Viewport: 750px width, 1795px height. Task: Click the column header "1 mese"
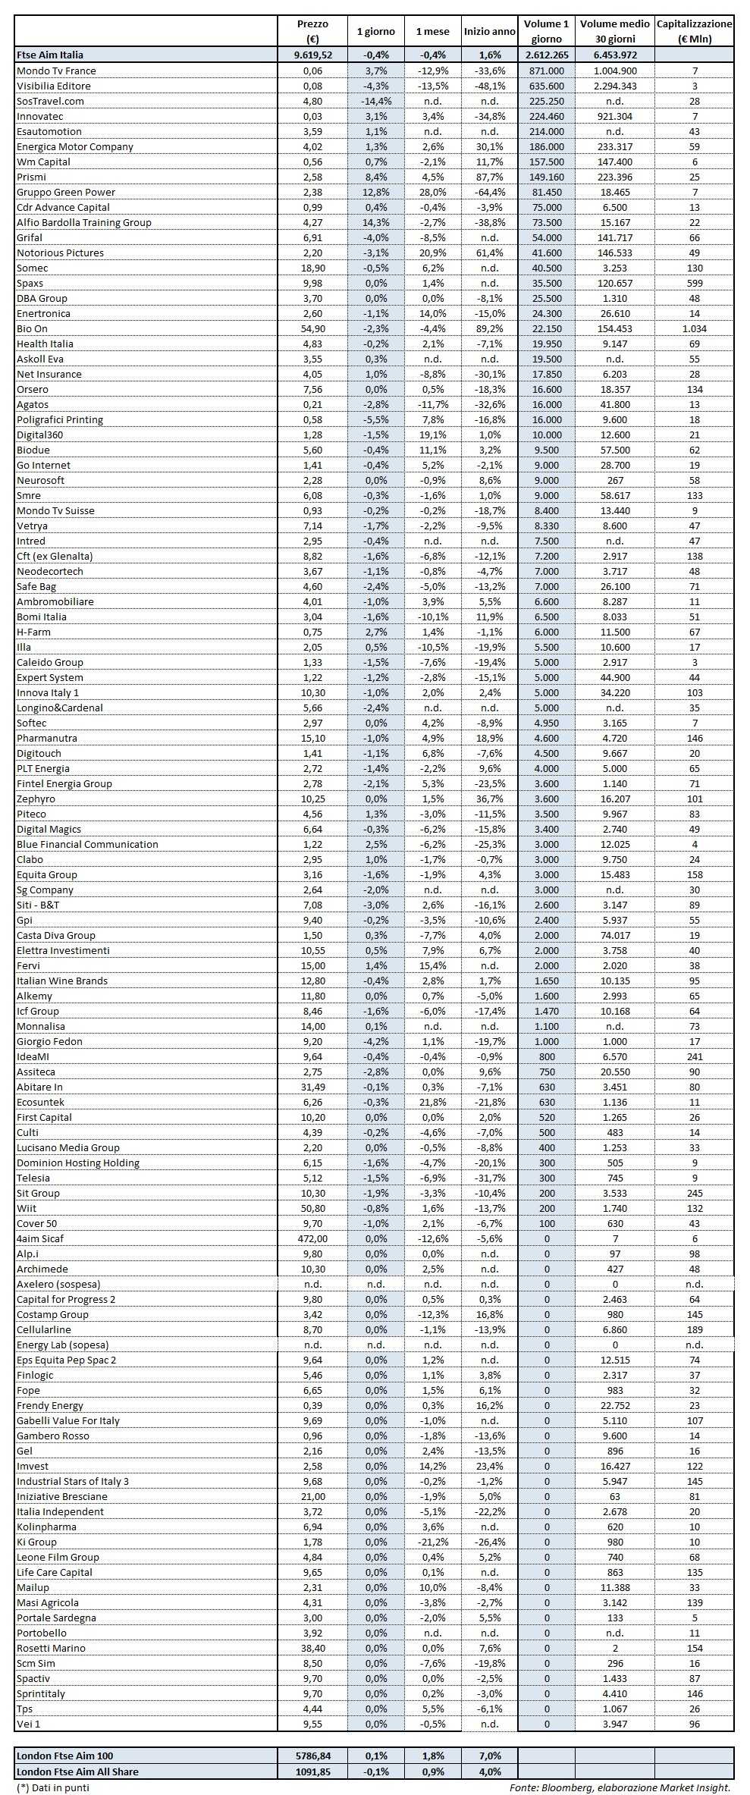pos(432,32)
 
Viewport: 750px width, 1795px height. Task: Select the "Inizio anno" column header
pos(489,32)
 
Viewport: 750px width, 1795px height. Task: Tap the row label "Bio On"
pos(32,328)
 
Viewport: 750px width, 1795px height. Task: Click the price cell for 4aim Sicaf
pos(312,1238)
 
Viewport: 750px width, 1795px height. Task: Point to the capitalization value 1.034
pos(694,328)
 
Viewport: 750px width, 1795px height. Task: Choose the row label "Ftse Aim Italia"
pos(50,55)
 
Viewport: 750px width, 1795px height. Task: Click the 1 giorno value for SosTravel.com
pos(375,101)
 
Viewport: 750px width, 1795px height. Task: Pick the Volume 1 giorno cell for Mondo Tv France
pos(546,71)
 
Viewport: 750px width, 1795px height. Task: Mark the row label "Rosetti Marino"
pos(51,1648)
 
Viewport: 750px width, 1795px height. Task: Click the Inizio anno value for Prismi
pos(489,177)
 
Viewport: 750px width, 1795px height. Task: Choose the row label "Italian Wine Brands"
pos(62,981)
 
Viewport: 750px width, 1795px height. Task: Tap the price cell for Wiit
pos(312,1208)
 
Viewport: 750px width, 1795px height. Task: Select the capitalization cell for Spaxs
pos(694,283)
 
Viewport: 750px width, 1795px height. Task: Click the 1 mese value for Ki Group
pos(432,1542)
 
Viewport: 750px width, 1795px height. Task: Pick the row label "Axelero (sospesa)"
pos(58,1284)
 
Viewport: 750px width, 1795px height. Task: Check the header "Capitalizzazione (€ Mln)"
pos(694,32)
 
